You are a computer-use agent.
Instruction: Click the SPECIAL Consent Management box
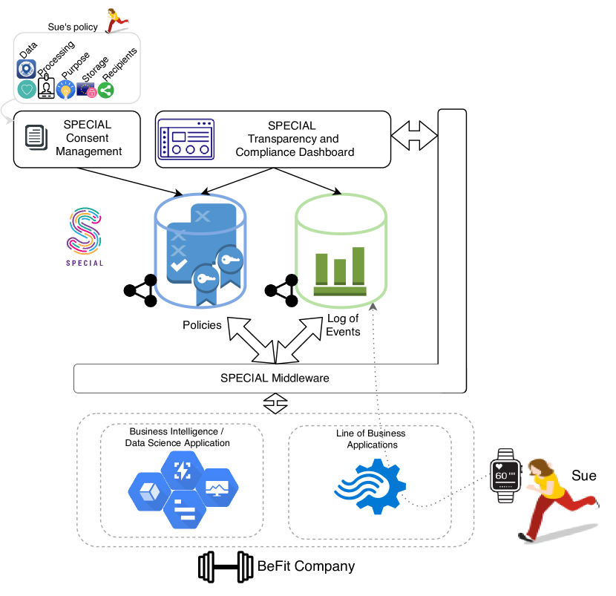pyautogui.click(x=77, y=139)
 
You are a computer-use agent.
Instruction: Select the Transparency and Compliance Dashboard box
pyautogui.click(x=272, y=139)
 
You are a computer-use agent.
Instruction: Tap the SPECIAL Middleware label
pyautogui.click(x=275, y=378)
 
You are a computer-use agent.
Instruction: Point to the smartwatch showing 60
pyautogui.click(x=505, y=476)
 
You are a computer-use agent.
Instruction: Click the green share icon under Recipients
pyautogui.click(x=105, y=90)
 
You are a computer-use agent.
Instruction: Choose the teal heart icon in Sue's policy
pyautogui.click(x=27, y=90)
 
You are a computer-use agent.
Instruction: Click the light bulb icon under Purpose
pyautogui.click(x=65, y=91)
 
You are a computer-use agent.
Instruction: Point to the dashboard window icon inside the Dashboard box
pyautogui.click(x=186, y=139)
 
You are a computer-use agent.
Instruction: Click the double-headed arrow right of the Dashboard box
pyautogui.click(x=414, y=135)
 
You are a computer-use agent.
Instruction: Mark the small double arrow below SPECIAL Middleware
pyautogui.click(x=275, y=404)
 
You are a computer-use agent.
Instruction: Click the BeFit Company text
pyautogui.click(x=306, y=566)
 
